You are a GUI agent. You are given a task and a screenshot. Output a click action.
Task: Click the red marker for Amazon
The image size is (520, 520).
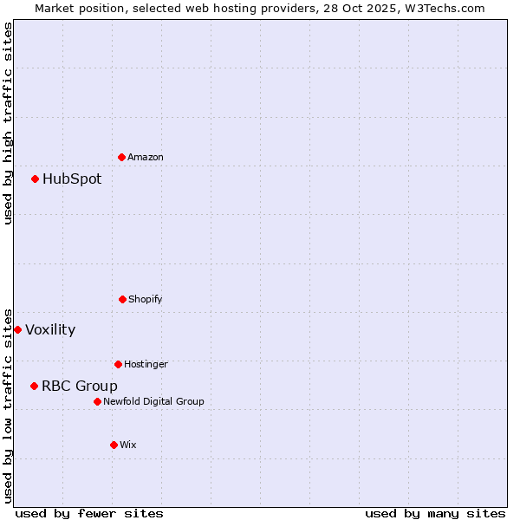click(121, 157)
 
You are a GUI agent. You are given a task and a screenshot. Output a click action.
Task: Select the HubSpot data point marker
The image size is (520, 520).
click(35, 179)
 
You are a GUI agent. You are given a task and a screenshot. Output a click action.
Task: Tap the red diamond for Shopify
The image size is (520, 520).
click(122, 299)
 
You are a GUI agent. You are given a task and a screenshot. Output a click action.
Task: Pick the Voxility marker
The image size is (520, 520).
click(17, 329)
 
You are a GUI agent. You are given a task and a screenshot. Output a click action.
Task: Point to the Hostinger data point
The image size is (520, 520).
click(118, 364)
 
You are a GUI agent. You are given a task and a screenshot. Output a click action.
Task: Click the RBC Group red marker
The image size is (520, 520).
click(34, 386)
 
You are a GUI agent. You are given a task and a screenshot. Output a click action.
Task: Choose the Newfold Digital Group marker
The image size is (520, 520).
click(97, 401)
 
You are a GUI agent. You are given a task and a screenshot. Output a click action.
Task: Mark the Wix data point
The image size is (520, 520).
click(114, 445)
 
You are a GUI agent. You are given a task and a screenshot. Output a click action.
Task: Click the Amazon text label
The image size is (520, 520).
click(146, 157)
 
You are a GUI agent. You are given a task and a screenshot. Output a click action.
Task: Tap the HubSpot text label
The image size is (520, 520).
click(72, 179)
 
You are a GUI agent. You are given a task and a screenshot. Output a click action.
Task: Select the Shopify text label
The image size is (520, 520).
click(146, 299)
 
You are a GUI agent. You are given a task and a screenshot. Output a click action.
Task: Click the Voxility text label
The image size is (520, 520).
click(50, 329)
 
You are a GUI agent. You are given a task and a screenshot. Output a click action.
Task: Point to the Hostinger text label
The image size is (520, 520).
click(146, 364)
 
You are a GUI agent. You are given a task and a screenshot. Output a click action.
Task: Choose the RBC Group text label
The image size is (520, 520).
click(80, 386)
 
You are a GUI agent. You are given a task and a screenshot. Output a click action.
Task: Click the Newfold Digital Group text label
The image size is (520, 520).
click(153, 401)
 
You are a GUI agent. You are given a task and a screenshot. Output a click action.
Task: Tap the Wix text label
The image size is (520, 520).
click(128, 445)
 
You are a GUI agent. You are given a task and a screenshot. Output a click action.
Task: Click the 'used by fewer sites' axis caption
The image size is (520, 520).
click(89, 513)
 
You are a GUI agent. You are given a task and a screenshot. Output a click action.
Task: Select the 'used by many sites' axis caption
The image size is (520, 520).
click(435, 513)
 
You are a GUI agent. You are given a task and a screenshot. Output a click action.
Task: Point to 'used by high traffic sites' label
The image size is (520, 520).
click(8, 123)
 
